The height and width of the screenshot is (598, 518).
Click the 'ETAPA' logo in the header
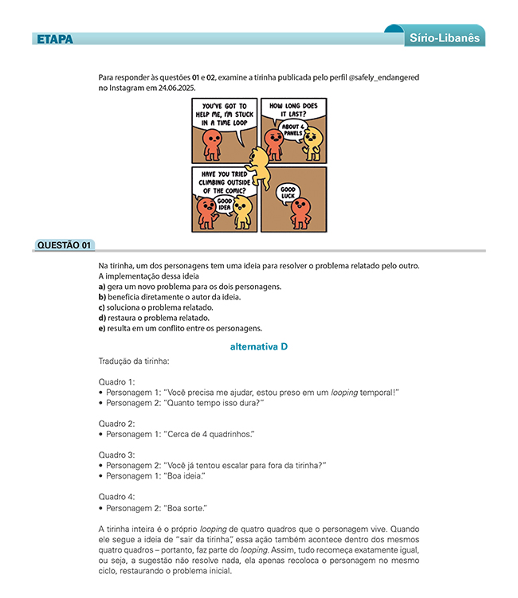click(x=54, y=39)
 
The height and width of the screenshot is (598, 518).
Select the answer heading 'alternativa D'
click(x=258, y=346)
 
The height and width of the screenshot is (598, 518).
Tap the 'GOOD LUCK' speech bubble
click(x=288, y=193)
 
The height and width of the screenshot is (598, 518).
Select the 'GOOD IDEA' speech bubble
click(x=225, y=205)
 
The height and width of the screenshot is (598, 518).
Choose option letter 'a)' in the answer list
click(x=102, y=287)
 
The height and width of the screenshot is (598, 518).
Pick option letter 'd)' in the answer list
click(x=102, y=318)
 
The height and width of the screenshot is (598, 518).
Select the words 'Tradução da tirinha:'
click(x=133, y=362)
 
